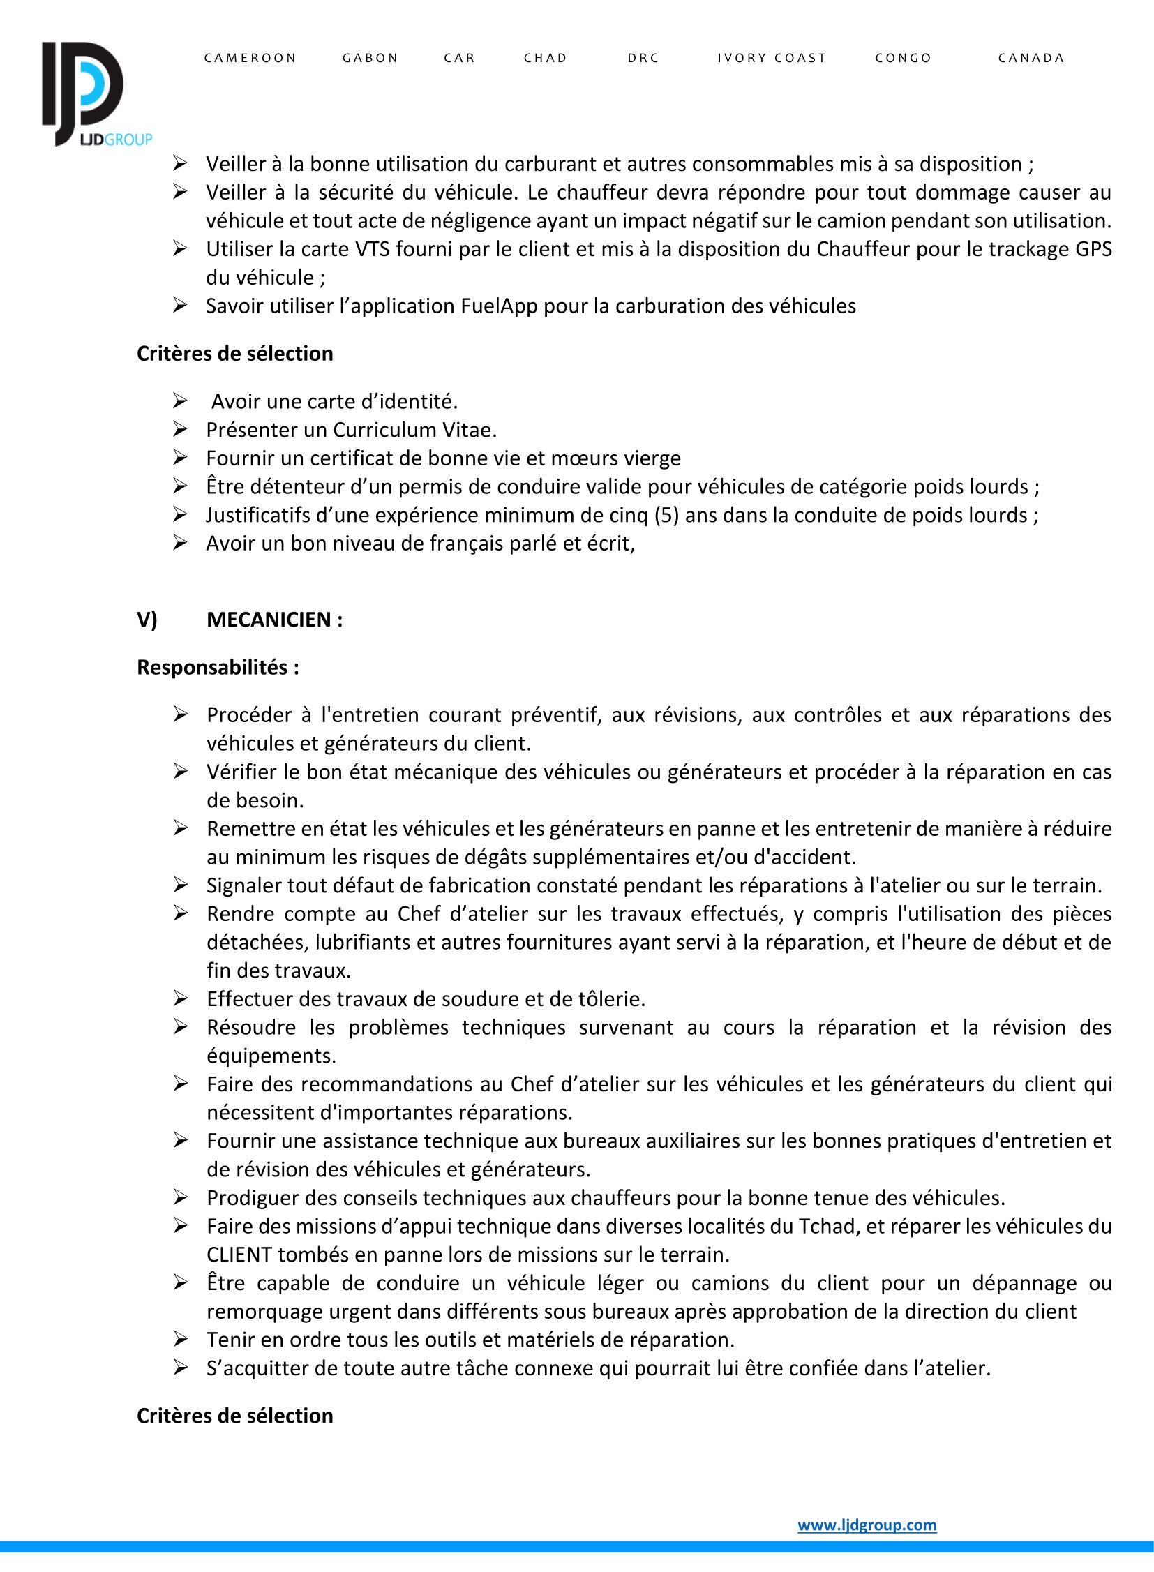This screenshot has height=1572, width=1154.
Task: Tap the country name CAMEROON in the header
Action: pyautogui.click(x=250, y=58)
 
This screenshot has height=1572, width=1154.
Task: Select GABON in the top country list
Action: pyautogui.click(x=370, y=58)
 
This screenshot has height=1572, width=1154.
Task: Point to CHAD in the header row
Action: pyautogui.click(x=546, y=58)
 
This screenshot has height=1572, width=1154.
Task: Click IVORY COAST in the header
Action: pyautogui.click(x=772, y=58)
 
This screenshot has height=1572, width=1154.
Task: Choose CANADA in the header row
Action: pyautogui.click(x=1031, y=58)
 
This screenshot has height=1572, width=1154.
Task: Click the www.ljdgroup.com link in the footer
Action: pyautogui.click(x=867, y=1525)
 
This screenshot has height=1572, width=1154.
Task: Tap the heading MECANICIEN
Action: pyautogui.click(x=274, y=620)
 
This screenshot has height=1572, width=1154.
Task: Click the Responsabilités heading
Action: pyautogui.click(x=218, y=667)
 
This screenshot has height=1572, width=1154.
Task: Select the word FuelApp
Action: pyautogui.click(x=499, y=306)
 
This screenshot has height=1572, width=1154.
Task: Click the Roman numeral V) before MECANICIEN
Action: pyautogui.click(x=147, y=620)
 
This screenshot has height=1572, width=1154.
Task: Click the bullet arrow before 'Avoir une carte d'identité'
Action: pyautogui.click(x=180, y=401)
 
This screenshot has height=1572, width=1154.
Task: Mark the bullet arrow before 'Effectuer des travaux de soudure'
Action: pyautogui.click(x=180, y=998)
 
